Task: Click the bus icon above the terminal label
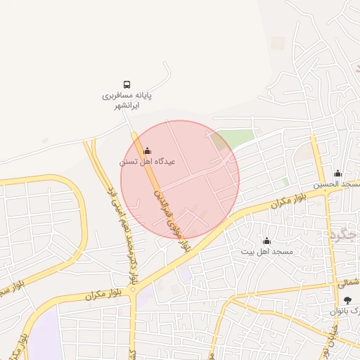pos(127,84)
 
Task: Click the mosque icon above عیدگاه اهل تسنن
pos(147,150)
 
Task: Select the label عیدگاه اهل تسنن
pos(147,162)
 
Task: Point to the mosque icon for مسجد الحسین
pos(337,174)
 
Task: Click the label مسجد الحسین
pos(336,184)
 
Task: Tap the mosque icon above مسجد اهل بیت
pos(266,240)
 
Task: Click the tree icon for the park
pos(347,300)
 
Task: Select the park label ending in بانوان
pos(346,311)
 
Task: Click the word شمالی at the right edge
pos(348,283)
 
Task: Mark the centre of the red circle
pos(180,179)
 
